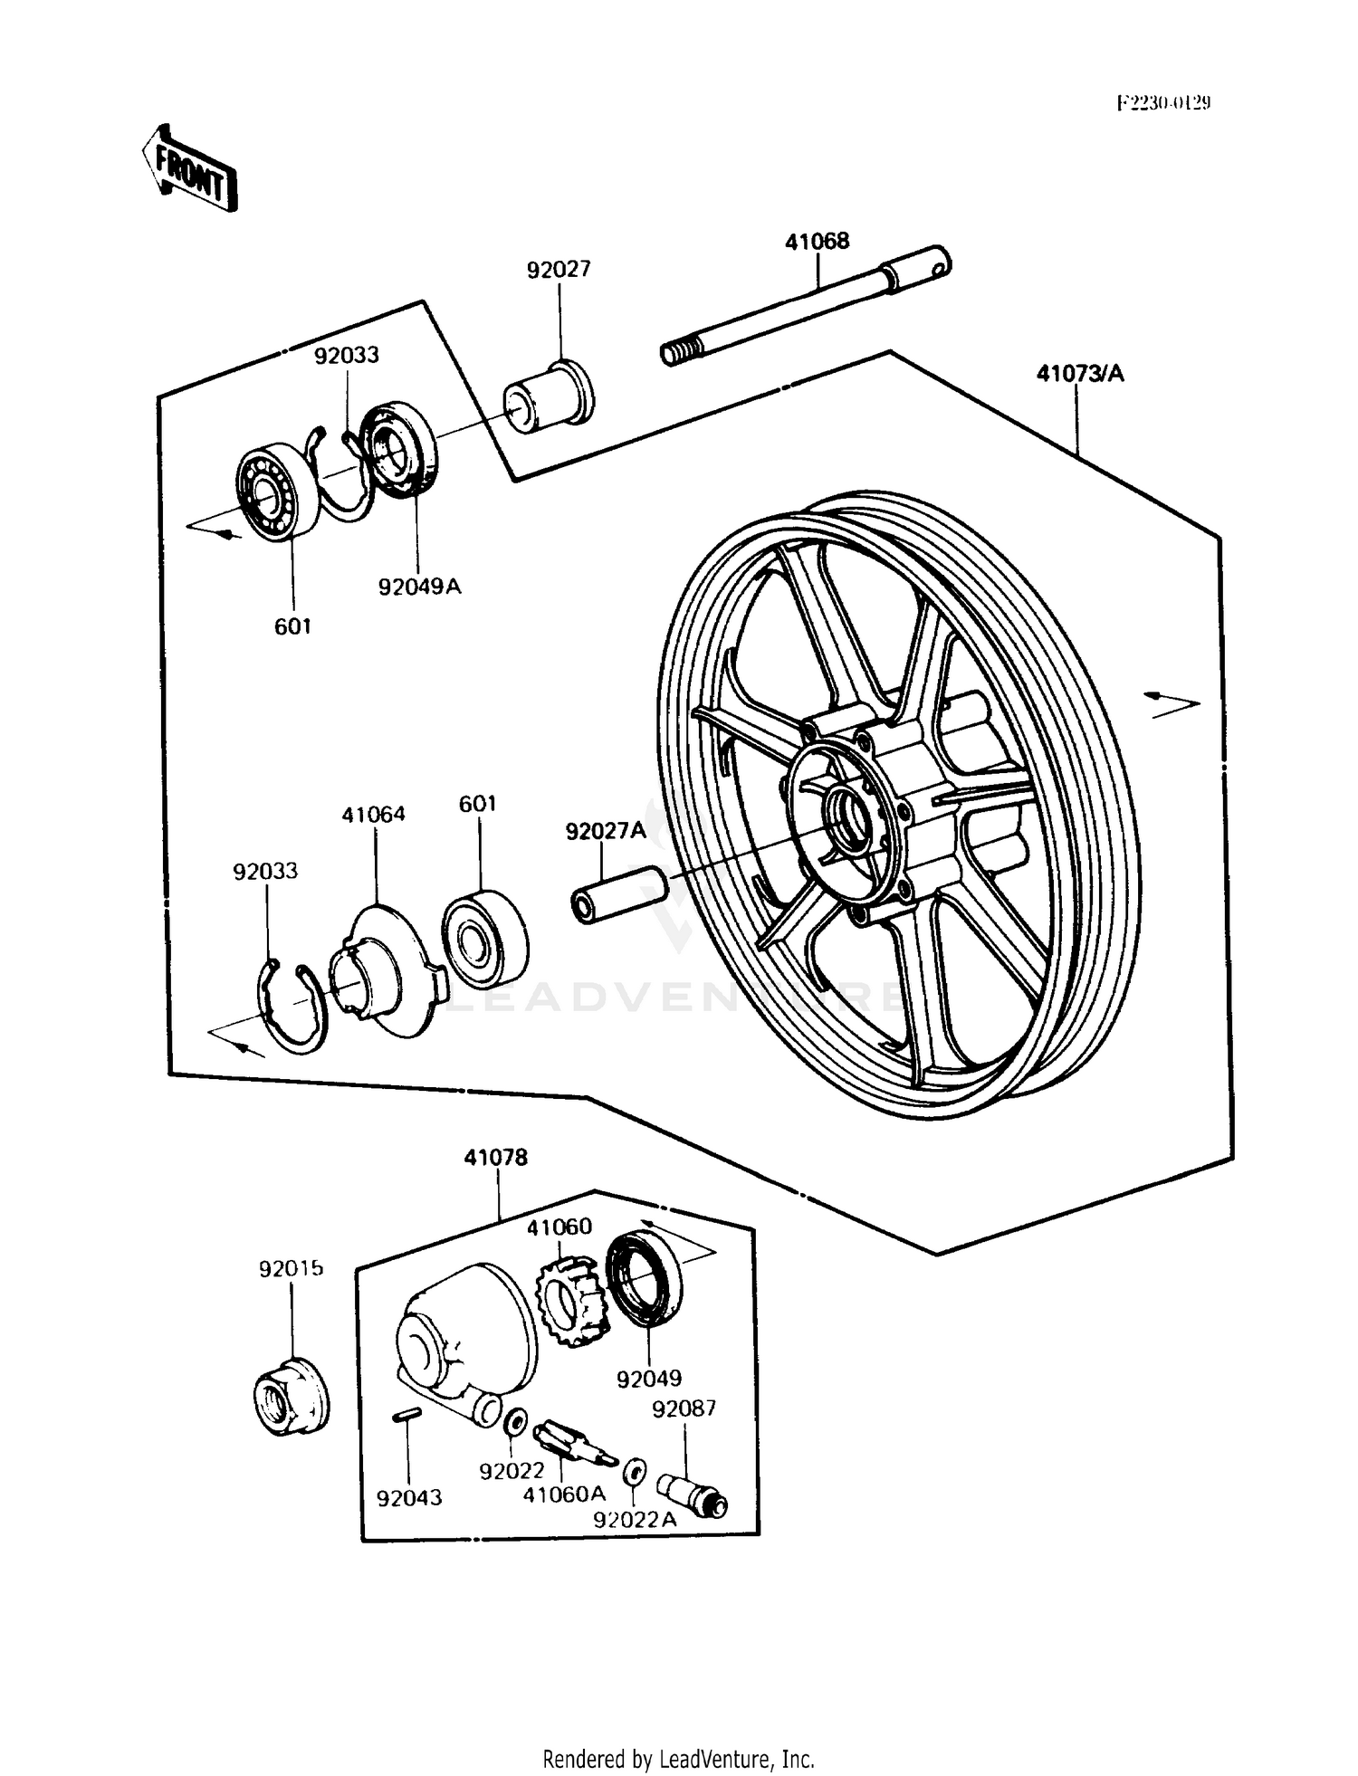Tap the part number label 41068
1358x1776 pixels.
point(817,241)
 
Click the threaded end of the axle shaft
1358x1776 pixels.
point(682,351)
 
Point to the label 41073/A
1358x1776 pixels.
point(1079,373)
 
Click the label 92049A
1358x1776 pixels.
point(419,587)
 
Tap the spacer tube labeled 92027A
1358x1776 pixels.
point(618,894)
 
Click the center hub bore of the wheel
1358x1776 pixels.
point(848,813)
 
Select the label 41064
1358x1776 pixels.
point(373,814)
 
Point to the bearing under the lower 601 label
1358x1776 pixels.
point(484,938)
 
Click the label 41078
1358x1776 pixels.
point(495,1157)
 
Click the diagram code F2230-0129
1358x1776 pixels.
point(1163,103)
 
